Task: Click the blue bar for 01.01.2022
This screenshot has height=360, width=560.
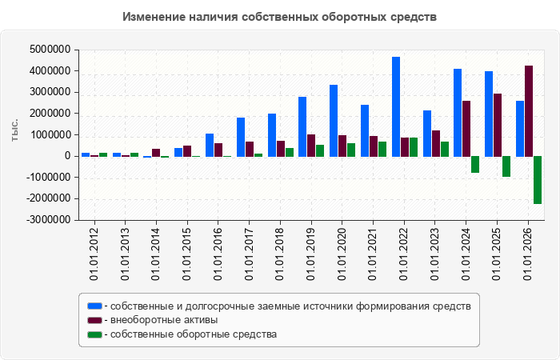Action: pyautogui.click(x=396, y=106)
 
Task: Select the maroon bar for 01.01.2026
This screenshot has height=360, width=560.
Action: pyautogui.click(x=529, y=111)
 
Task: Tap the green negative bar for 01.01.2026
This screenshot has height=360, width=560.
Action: pyautogui.click(x=538, y=180)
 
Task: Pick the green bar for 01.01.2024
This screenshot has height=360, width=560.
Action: pyautogui.click(x=475, y=165)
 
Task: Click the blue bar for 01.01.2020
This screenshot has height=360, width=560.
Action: pyautogui.click(x=334, y=121)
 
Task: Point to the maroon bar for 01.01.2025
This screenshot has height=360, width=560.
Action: pyautogui.click(x=498, y=125)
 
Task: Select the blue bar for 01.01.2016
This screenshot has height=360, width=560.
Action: pyautogui.click(x=210, y=145)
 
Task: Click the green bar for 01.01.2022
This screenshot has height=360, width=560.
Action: pyautogui.click(x=414, y=147)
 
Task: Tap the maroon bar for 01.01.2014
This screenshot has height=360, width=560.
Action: pyautogui.click(x=156, y=153)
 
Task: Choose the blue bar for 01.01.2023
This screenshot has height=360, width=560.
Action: pyautogui.click(x=427, y=134)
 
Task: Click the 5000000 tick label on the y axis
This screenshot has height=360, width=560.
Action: pyautogui.click(x=50, y=50)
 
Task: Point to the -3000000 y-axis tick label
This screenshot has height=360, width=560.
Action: pyautogui.click(x=48, y=220)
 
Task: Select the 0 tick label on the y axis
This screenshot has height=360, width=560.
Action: pyautogui.click(x=67, y=156)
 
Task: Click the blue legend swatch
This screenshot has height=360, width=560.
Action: pyautogui.click(x=94, y=306)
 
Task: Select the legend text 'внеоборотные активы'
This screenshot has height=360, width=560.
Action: pyautogui.click(x=164, y=320)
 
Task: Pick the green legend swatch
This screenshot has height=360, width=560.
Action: pyautogui.click(x=94, y=334)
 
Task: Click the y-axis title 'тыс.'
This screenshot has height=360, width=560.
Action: pyautogui.click(x=14, y=130)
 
